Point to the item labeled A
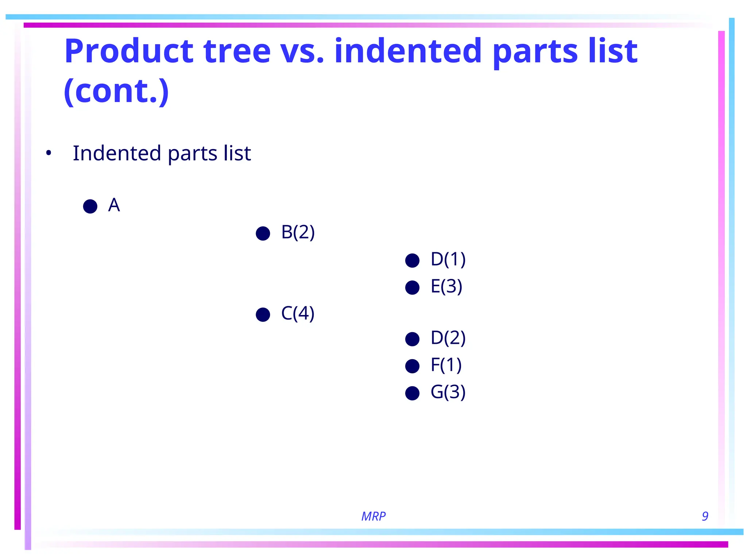tap(114, 205)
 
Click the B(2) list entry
tap(298, 233)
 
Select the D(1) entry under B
tap(448, 260)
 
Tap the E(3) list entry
tap(446, 287)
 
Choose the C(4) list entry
tap(298, 314)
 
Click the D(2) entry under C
tap(448, 338)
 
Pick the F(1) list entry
tap(446, 365)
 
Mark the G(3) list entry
tap(448, 392)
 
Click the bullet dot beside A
tap(90, 206)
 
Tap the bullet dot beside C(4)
tap(263, 315)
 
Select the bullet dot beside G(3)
tap(413, 393)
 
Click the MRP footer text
tap(373, 516)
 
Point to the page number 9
tap(705, 516)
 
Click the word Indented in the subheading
tap(117, 153)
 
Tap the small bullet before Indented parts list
tap(49, 153)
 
